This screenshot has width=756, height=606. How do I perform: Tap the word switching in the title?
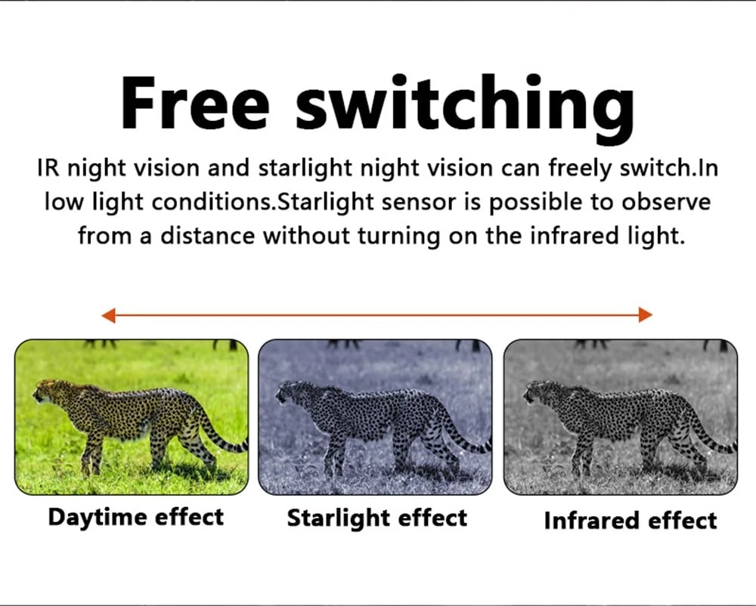pyautogui.click(x=464, y=108)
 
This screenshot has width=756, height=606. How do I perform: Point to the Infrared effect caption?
pyautogui.click(x=631, y=521)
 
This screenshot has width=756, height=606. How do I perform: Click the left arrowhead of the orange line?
pyautogui.click(x=108, y=315)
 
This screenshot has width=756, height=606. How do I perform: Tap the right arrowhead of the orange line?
pyautogui.click(x=646, y=314)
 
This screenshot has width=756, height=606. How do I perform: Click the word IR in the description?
pyautogui.click(x=48, y=168)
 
